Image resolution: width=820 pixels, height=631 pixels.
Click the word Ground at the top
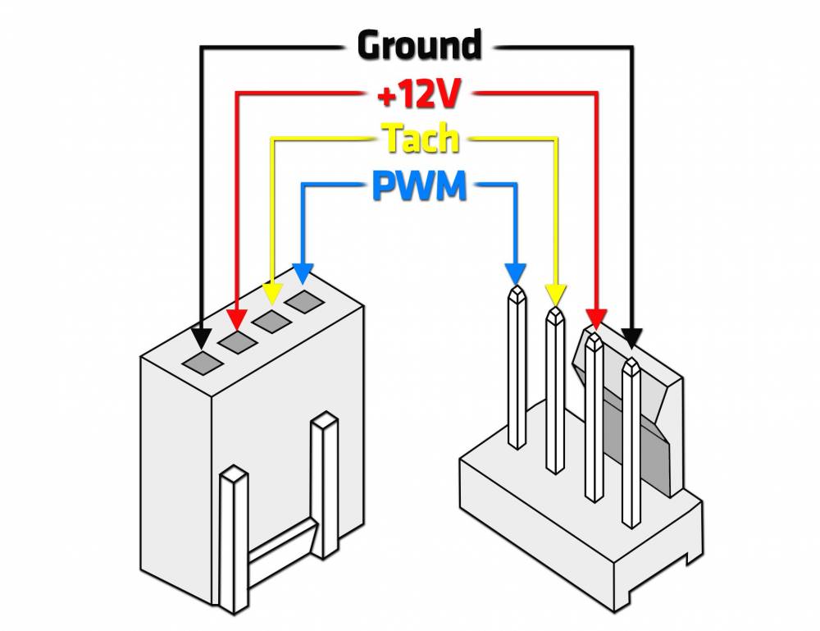point(419,46)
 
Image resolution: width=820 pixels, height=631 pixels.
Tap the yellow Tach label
point(421,140)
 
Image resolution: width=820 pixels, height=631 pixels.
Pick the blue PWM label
point(419,187)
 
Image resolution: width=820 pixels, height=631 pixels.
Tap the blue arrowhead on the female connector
point(303,272)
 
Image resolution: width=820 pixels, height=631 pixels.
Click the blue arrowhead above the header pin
point(515,273)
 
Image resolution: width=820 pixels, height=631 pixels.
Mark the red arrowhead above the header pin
point(596,317)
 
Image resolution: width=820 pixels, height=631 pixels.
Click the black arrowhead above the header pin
point(631,337)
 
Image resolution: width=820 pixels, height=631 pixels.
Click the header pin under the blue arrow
point(517,369)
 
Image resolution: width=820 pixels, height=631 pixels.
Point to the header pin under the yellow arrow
point(555,394)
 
